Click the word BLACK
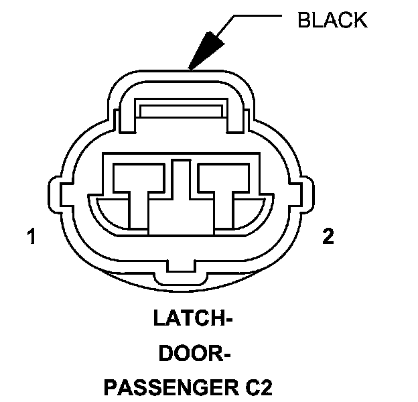pyautogui.click(x=333, y=20)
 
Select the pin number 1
pyautogui.click(x=30, y=237)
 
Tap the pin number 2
pyautogui.click(x=328, y=237)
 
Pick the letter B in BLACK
pyautogui.click(x=303, y=20)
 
